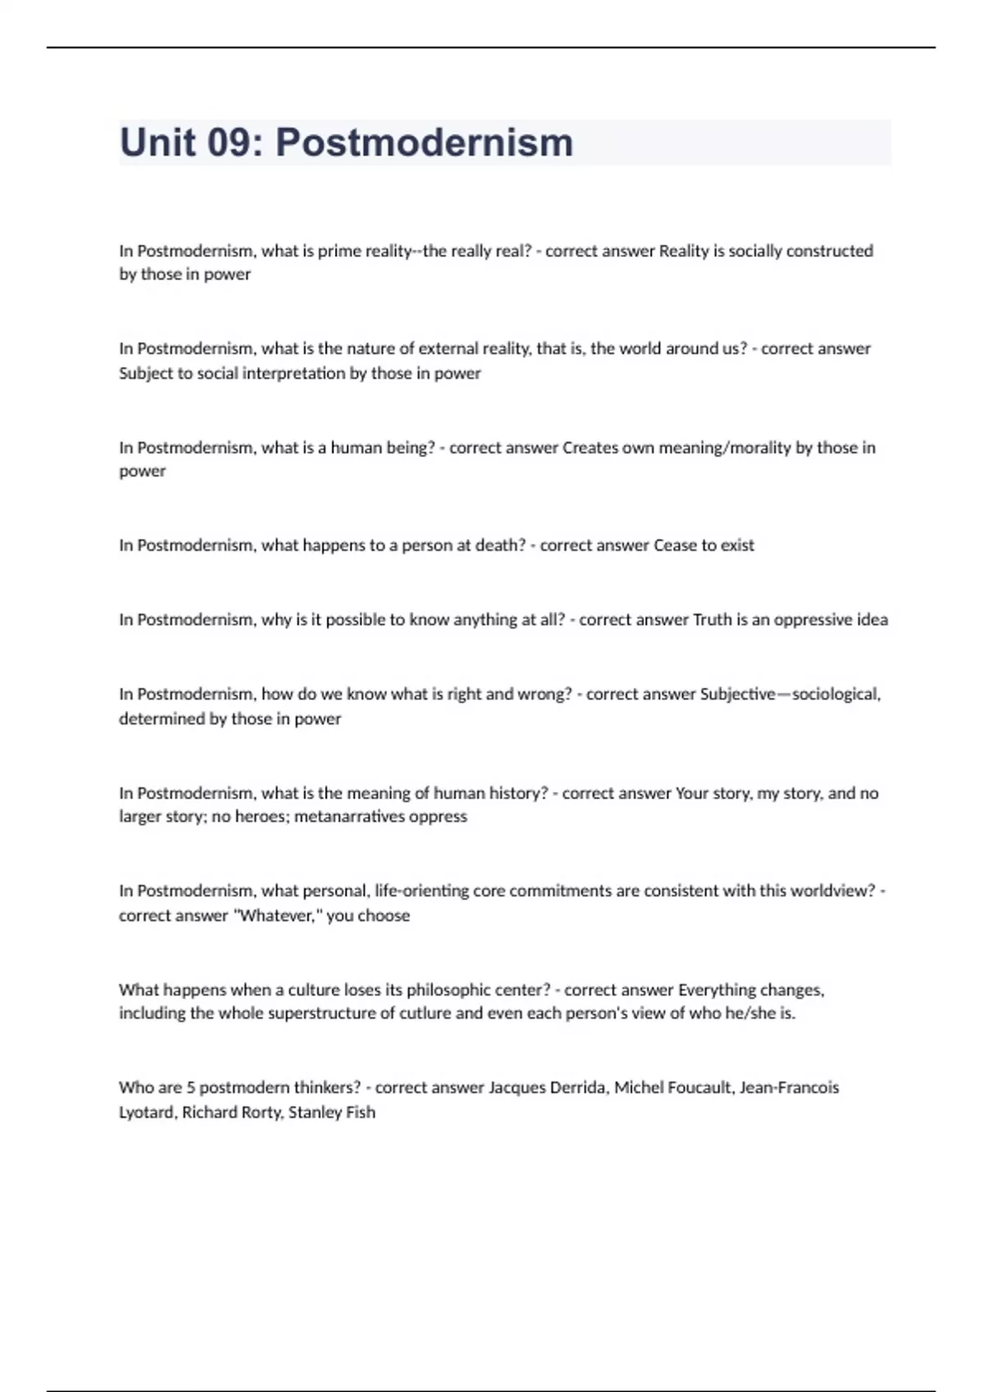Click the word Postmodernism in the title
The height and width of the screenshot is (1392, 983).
coord(424,142)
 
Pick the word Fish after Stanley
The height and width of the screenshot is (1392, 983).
coord(360,1112)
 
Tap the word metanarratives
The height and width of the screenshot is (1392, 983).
coord(352,816)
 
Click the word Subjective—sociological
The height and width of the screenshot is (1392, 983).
coord(790,694)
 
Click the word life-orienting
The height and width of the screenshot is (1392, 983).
coord(421,891)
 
